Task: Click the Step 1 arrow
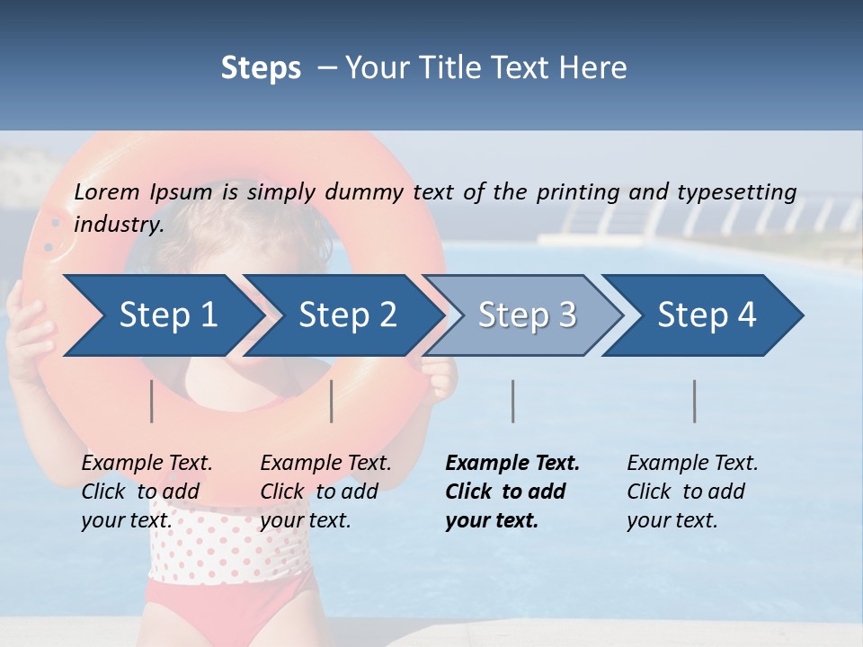coord(166,315)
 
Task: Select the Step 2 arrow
coord(347,315)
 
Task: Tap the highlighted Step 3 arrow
coord(527,315)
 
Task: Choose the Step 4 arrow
coord(707,315)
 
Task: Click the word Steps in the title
coord(261,68)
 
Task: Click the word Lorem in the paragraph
coord(106,191)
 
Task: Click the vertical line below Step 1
coord(152,401)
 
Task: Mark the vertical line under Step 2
coord(332,401)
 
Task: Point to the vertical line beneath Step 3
coord(512,401)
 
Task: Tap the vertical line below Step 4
coord(694,401)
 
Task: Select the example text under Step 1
coord(147,491)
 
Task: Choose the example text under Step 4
coord(692,491)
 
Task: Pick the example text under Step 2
coord(325,491)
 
